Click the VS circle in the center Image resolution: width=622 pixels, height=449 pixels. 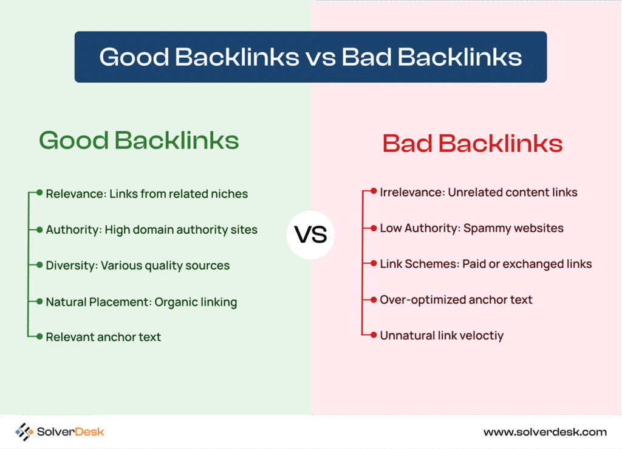point(310,234)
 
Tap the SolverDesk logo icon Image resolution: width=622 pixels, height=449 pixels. point(24,431)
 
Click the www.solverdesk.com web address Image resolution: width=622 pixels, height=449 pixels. point(545,432)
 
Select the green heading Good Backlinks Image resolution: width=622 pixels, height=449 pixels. point(139,140)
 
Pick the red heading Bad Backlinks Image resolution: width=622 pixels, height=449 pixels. point(473,143)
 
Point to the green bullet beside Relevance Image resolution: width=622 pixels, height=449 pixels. point(39,193)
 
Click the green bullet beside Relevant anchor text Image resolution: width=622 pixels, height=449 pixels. point(39,336)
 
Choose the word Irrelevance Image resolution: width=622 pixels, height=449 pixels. point(412,192)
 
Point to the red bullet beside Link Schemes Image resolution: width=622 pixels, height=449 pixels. point(374,263)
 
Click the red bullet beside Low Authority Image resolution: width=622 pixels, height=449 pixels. point(374,228)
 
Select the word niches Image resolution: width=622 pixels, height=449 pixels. point(229,194)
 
